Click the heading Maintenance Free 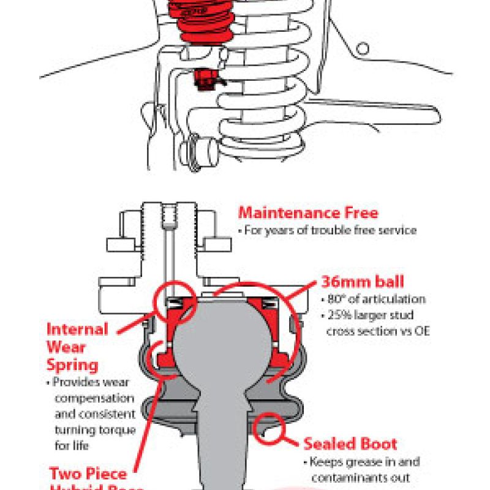307,213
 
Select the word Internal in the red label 77,329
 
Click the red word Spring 72,365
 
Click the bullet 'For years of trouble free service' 335,231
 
